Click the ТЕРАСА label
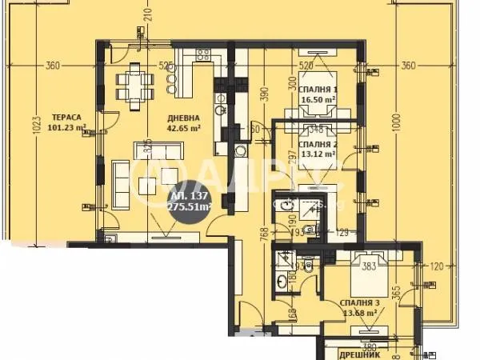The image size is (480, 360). (65, 115)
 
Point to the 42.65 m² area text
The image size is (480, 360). (184, 126)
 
